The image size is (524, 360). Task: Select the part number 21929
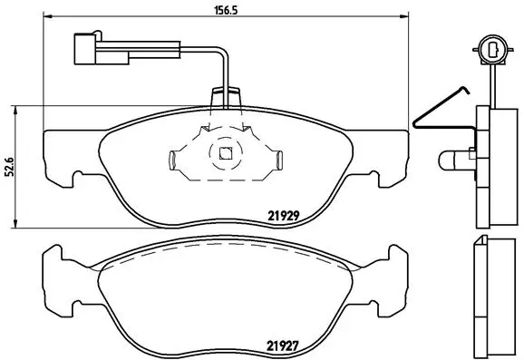[x=284, y=216]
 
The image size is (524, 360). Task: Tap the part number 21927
[x=284, y=344]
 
